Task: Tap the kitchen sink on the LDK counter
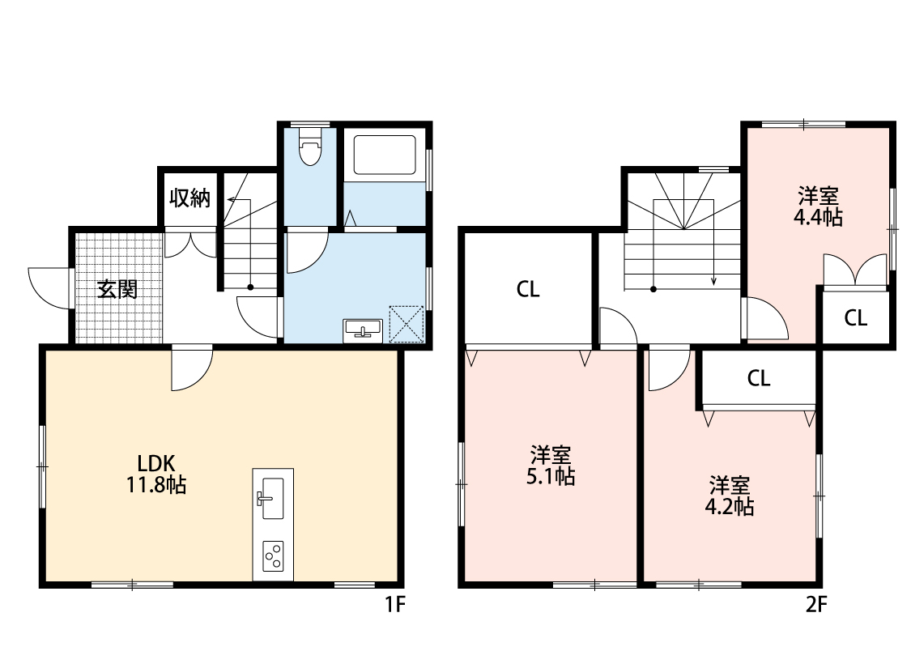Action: pyautogui.click(x=270, y=496)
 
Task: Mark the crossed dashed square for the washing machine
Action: pyautogui.click(x=407, y=323)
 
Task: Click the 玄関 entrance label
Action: pyautogui.click(x=117, y=290)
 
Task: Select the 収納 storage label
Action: pyautogui.click(x=190, y=198)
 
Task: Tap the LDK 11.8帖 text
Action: pyautogui.click(x=156, y=474)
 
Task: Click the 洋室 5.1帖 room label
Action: pyautogui.click(x=551, y=466)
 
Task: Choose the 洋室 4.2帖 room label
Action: pyautogui.click(x=730, y=496)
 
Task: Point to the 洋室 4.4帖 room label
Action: pyautogui.click(x=818, y=206)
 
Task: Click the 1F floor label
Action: pyautogui.click(x=394, y=604)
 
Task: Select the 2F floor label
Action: pyautogui.click(x=815, y=604)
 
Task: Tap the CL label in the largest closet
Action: pyautogui.click(x=528, y=290)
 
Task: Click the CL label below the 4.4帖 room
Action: pyautogui.click(x=856, y=318)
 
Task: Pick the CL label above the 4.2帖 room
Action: pyautogui.click(x=759, y=378)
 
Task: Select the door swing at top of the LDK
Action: pyautogui.click(x=192, y=367)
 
